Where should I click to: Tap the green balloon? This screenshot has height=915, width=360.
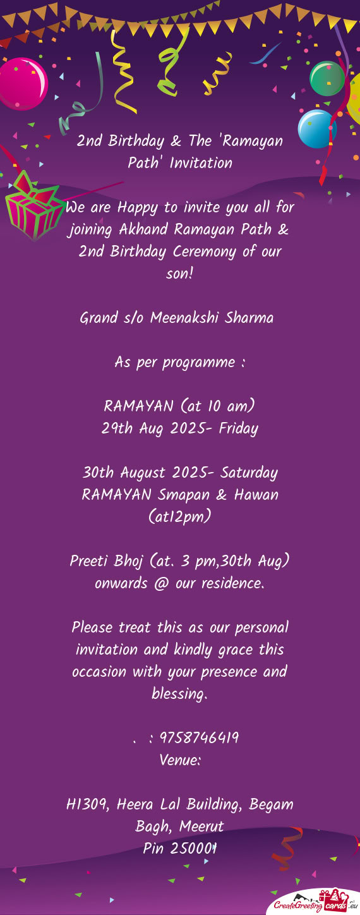(327, 78)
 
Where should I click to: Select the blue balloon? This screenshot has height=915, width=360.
(316, 128)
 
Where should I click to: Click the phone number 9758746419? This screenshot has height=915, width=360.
(199, 738)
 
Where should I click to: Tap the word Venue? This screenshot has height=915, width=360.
(180, 760)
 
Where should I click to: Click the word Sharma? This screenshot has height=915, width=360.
(249, 318)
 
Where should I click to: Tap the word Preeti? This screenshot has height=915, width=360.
(90, 561)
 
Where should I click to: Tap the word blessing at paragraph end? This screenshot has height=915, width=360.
(179, 694)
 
